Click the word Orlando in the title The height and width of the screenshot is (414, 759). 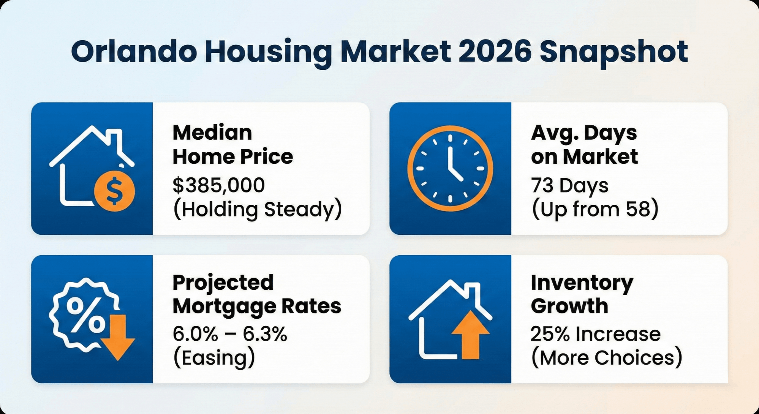[x=134, y=52]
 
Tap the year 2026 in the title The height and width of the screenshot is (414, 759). [x=494, y=52]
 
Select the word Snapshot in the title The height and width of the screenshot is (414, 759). [x=614, y=52]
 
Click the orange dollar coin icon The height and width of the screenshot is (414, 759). [x=114, y=191]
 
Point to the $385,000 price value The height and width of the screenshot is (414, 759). [x=219, y=185]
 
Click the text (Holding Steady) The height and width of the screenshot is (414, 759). [x=258, y=209]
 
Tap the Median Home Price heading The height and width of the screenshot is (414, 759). [x=232, y=145]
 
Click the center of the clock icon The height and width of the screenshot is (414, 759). [x=450, y=168]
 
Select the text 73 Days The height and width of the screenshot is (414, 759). [x=569, y=185]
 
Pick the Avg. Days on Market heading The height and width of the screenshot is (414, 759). [x=584, y=145]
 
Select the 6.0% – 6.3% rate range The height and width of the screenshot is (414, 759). [x=230, y=334]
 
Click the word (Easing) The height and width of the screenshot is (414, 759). [x=214, y=358]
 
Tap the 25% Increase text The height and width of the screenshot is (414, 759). [x=595, y=334]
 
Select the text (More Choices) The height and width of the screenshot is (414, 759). [x=607, y=358]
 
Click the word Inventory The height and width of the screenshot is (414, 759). [x=582, y=283]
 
